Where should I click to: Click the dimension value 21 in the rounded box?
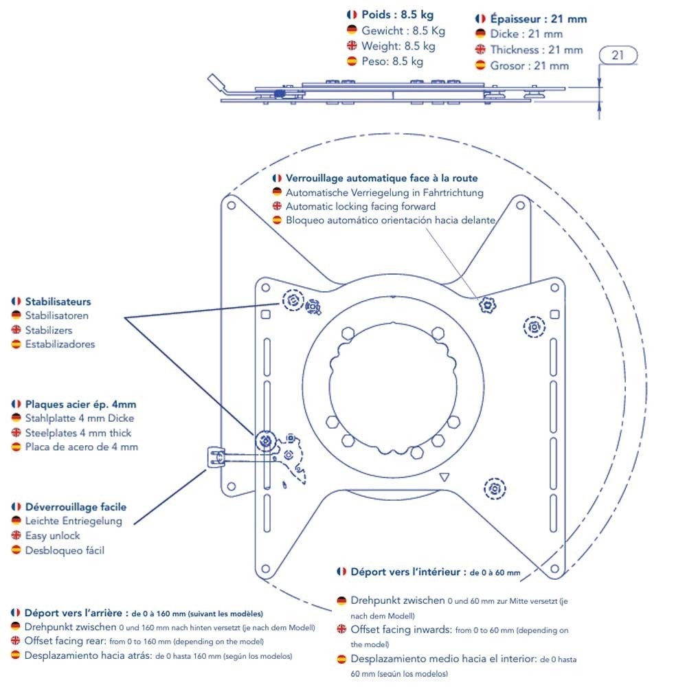click(x=618, y=55)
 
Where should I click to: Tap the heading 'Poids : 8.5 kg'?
click(x=397, y=14)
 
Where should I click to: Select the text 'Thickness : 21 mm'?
click(x=537, y=50)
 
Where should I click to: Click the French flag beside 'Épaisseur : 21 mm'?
click(x=480, y=19)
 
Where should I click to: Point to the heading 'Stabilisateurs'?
click(x=58, y=302)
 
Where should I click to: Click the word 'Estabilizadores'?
click(x=60, y=344)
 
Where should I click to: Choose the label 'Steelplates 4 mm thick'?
click(x=78, y=433)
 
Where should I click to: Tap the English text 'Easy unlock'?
click(x=53, y=535)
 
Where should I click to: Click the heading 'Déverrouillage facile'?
click(x=76, y=507)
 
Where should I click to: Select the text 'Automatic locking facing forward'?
click(x=361, y=206)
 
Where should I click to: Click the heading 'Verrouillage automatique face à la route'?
click(x=381, y=178)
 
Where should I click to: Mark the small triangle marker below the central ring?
click(x=444, y=477)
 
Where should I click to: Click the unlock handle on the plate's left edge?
click(x=216, y=457)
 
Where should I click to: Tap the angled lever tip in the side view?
click(x=215, y=80)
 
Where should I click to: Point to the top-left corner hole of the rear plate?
click(x=232, y=205)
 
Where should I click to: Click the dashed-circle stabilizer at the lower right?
click(x=495, y=488)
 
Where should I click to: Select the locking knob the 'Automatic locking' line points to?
click(x=487, y=304)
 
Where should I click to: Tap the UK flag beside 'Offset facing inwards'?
click(x=341, y=629)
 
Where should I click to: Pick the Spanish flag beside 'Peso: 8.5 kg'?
click(x=352, y=61)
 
